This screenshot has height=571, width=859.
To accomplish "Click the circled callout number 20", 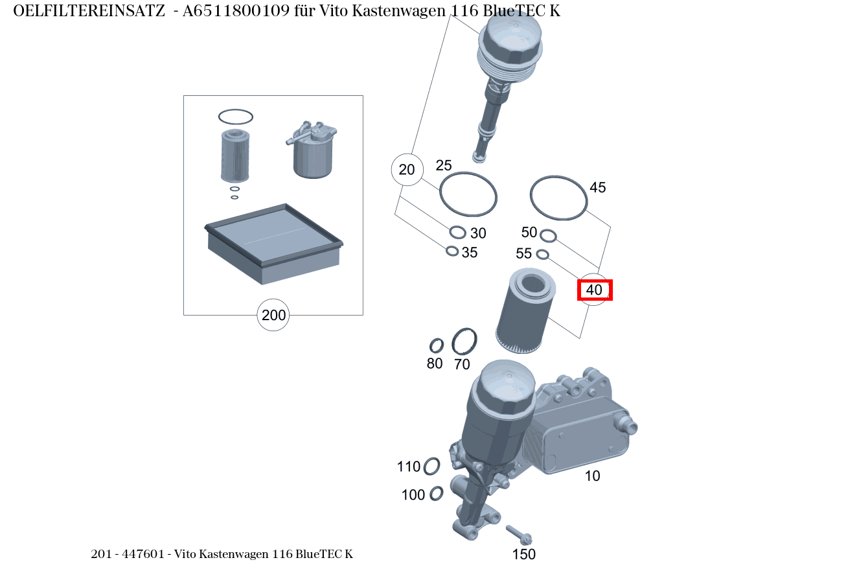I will pyautogui.click(x=407, y=170).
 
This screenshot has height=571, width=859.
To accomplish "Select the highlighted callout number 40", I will pyautogui.click(x=594, y=290).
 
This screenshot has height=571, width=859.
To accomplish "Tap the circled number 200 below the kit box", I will pyautogui.click(x=273, y=316).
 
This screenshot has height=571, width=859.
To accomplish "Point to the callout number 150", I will pyautogui.click(x=524, y=554).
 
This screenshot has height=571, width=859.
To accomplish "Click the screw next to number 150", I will pyautogui.click(x=520, y=534).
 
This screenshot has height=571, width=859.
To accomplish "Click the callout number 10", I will pyautogui.click(x=592, y=476).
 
